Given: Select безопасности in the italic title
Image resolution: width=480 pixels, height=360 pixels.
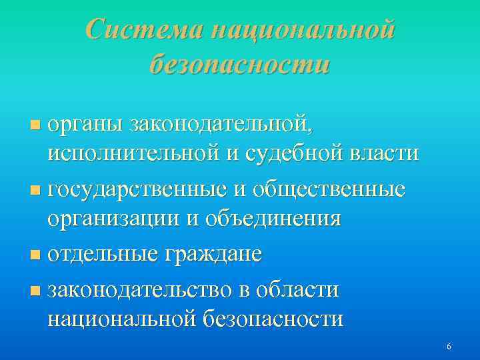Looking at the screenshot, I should (x=240, y=65).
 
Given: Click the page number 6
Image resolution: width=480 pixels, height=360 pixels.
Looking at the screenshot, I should (x=449, y=347).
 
